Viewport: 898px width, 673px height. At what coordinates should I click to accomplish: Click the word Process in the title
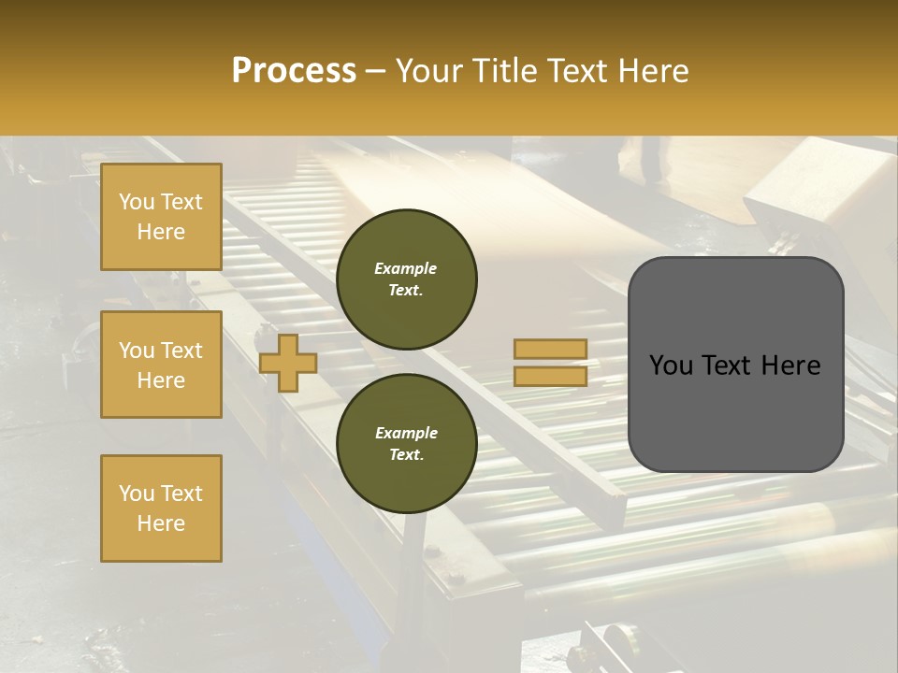coord(294,71)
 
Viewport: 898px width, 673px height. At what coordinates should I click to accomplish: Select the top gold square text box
coord(161,217)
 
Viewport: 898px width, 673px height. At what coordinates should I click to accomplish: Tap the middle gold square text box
coord(161,365)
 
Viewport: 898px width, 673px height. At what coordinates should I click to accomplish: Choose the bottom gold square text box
coord(161,508)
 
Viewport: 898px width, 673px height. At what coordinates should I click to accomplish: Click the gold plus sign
coord(288,363)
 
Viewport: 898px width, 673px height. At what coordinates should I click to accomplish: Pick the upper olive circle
coord(407,279)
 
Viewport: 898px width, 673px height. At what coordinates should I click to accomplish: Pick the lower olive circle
coord(407,444)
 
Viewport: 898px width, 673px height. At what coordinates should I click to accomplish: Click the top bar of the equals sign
coord(551,350)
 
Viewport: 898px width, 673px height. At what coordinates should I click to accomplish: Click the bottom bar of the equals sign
coord(551,376)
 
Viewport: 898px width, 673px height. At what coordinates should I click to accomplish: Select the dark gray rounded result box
coord(735,411)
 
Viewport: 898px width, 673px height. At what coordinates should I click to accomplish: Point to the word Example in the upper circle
coord(406,268)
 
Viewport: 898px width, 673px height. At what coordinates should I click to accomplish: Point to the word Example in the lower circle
coord(406,433)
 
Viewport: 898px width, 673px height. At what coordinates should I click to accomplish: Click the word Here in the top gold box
coord(161,232)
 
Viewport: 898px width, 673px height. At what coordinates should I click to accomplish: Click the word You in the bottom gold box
coord(137,494)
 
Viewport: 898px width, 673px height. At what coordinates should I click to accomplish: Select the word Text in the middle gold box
coord(181,351)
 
